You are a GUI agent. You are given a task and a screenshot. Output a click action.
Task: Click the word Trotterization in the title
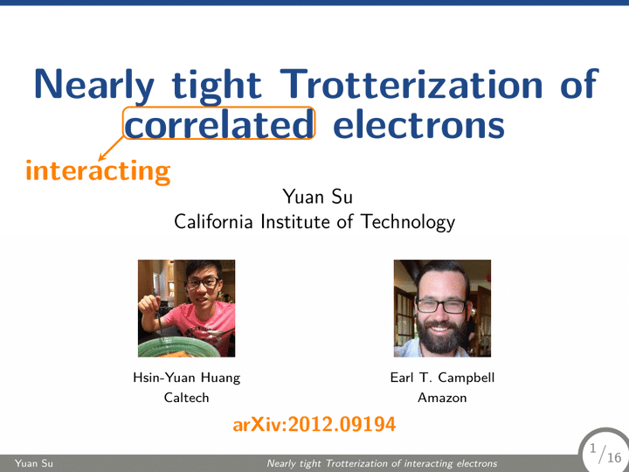tap(411, 84)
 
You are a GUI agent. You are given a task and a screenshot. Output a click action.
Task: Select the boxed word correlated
tap(218, 123)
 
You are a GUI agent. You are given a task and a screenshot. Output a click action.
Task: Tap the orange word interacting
tap(98, 171)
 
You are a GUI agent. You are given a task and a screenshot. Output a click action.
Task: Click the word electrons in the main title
tap(418, 124)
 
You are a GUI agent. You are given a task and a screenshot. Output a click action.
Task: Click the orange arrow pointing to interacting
tap(111, 149)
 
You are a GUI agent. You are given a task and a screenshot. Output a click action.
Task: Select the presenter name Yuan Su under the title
tap(318, 197)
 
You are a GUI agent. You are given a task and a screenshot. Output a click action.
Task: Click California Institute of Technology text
tap(314, 222)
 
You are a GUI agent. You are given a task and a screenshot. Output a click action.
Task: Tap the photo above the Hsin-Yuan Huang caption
tap(187, 309)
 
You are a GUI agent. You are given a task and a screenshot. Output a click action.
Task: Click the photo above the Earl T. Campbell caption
tap(442, 309)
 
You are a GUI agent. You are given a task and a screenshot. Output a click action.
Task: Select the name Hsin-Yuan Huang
tap(187, 378)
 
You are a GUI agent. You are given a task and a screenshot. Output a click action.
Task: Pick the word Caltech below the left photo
tap(187, 398)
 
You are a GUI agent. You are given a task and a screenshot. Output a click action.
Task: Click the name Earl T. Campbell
tap(442, 378)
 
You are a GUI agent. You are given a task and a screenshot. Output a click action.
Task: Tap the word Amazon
tap(442, 398)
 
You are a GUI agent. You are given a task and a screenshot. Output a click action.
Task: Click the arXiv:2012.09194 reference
tap(314, 424)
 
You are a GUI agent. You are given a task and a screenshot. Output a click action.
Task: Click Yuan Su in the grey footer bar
tap(34, 463)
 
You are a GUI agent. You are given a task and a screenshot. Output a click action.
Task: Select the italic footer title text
tap(382, 463)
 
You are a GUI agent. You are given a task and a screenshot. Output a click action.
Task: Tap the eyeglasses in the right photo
tap(441, 306)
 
